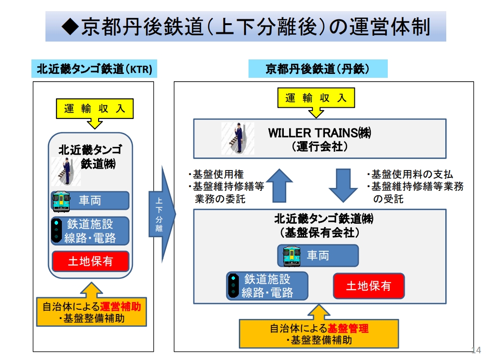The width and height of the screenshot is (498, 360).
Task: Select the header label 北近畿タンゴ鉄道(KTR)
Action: (x=95, y=70)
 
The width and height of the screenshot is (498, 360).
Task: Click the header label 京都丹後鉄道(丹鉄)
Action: (x=318, y=69)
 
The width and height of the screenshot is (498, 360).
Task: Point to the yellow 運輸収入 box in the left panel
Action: (x=95, y=109)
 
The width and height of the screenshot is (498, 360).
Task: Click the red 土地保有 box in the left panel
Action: (x=91, y=261)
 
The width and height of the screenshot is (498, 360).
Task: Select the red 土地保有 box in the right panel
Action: (x=368, y=286)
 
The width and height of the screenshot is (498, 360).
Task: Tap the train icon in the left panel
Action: (x=61, y=201)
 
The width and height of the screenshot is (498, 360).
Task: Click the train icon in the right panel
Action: (x=292, y=256)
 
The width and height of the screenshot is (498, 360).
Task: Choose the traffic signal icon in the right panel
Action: (x=234, y=286)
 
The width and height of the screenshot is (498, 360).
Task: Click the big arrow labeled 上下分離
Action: (x=161, y=214)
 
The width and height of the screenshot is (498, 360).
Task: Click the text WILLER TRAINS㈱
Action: (x=320, y=132)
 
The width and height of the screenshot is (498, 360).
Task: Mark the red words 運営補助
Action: (x=123, y=307)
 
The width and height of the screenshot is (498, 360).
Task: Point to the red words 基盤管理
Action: (x=348, y=329)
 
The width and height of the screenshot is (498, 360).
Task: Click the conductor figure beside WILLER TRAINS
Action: (x=237, y=138)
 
